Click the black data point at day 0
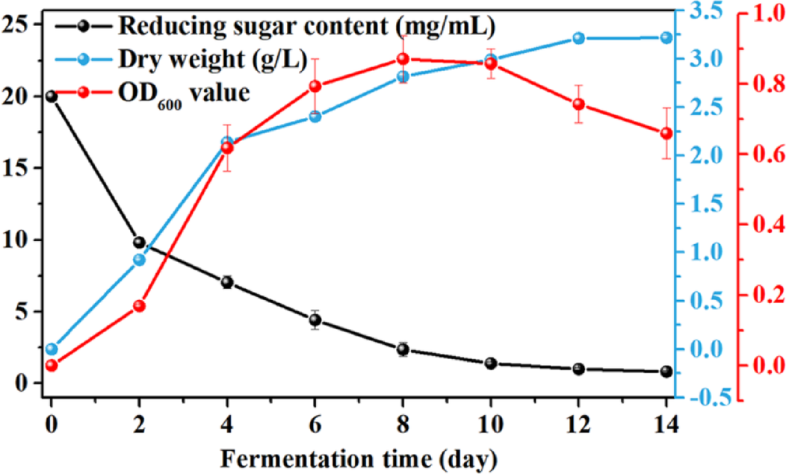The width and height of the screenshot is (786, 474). coord(51,96)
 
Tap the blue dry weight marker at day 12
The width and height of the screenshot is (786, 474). coord(578,38)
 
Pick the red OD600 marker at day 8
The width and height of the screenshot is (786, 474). coord(403,59)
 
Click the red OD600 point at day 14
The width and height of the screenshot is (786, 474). coord(666,133)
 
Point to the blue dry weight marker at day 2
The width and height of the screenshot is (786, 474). coord(139,260)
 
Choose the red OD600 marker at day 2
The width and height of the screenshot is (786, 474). coord(139,306)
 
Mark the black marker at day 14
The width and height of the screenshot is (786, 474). coord(666,372)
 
